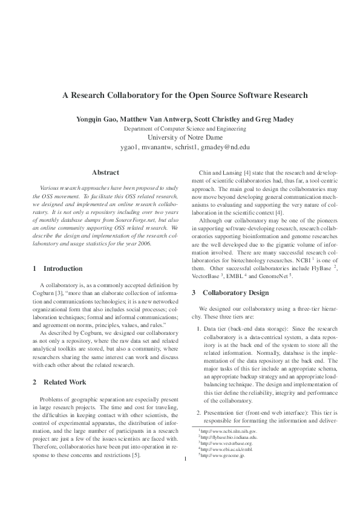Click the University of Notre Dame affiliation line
point(180,137)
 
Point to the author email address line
point(180,147)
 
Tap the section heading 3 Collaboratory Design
point(231,293)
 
